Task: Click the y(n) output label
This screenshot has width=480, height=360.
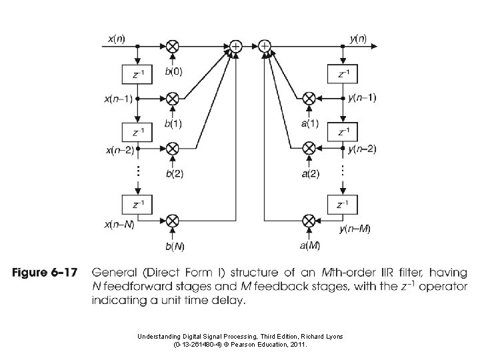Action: point(357,39)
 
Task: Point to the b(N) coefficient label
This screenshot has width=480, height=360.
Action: point(175,246)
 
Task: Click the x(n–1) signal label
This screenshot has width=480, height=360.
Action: point(117,98)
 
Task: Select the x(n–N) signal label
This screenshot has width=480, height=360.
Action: point(118,224)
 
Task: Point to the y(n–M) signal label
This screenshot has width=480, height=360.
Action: point(355,229)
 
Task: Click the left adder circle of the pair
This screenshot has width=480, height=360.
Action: point(236,46)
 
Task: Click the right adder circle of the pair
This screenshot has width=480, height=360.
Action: point(265,46)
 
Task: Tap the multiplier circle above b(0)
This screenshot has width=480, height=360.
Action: point(173,46)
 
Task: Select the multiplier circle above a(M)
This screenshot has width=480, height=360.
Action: point(309,220)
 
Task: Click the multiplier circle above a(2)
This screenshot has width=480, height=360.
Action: point(309,147)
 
